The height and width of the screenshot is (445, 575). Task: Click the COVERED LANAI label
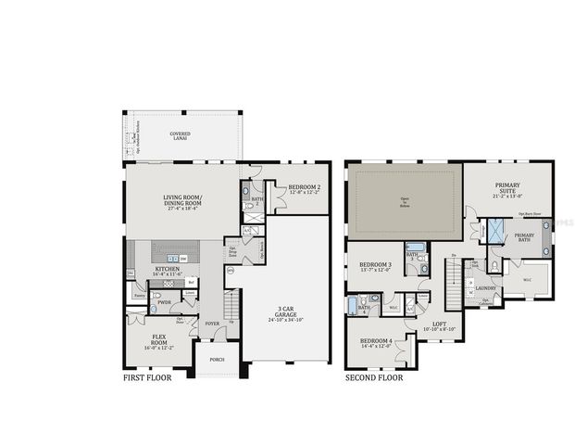pos(180,136)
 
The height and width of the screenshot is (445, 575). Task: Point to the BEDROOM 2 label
pos(304,188)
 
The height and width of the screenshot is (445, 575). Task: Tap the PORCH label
pos(216,359)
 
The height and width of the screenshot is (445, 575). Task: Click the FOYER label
pos(212,324)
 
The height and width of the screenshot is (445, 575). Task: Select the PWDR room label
pos(164,302)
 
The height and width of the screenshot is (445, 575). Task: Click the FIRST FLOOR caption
pos(152,378)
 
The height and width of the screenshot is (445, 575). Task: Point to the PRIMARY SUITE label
pos(508,189)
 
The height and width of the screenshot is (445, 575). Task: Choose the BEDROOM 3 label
pos(375,268)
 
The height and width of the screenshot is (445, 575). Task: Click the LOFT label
pos(431,324)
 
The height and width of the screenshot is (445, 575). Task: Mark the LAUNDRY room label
pos(486,287)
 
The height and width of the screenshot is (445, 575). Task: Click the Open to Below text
pos(404,198)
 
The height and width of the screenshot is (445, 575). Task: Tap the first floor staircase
pos(233,303)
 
